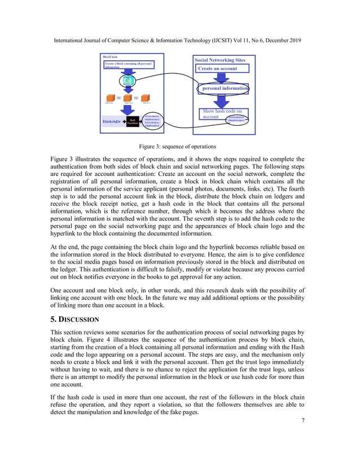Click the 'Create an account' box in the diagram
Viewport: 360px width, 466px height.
point(217,68)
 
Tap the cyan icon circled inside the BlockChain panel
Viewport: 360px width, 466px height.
point(129,79)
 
